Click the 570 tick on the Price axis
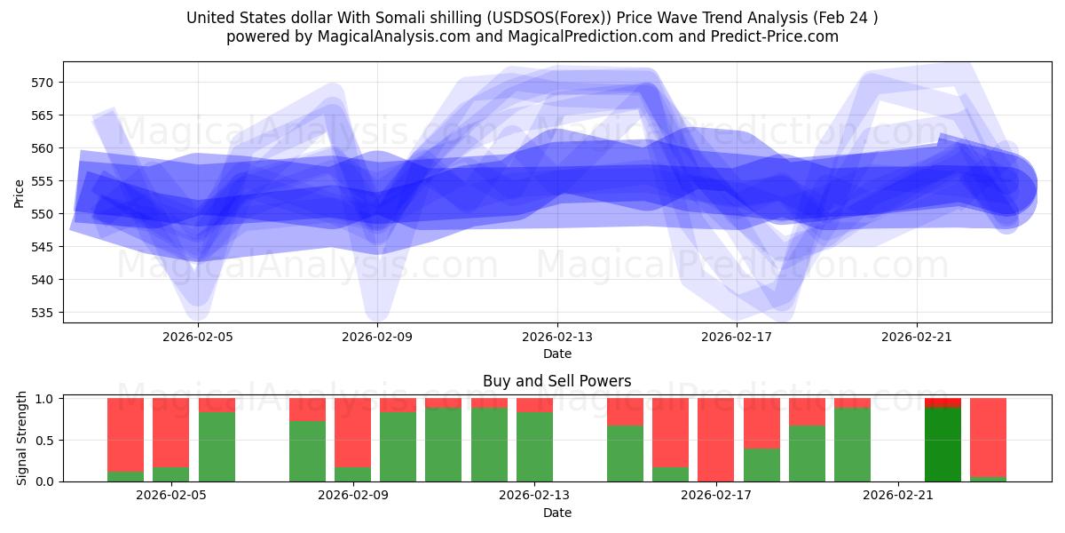[43, 83]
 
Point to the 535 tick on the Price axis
[43, 313]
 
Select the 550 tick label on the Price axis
[43, 214]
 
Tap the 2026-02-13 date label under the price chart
[557, 337]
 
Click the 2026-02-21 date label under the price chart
[916, 337]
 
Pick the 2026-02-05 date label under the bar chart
[171, 496]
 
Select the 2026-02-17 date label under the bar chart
[715, 496]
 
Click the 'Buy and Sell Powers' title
[556, 381]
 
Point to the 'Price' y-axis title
[20, 193]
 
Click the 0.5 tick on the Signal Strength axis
[43, 441]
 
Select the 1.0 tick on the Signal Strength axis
[43, 399]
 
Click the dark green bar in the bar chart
[943, 444]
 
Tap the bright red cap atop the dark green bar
[943, 402]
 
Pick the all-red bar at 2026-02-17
[715, 440]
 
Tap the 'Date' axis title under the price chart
[557, 354]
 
